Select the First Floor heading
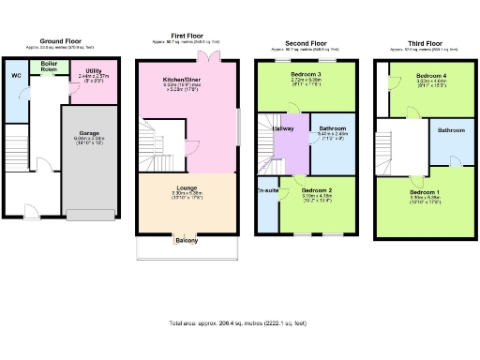[x=188, y=36]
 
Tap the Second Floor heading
[x=306, y=41]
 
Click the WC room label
[x=16, y=74]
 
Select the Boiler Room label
[x=49, y=67]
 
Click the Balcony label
[x=186, y=241]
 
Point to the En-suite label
[x=266, y=190]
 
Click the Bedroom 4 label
[x=432, y=75]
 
